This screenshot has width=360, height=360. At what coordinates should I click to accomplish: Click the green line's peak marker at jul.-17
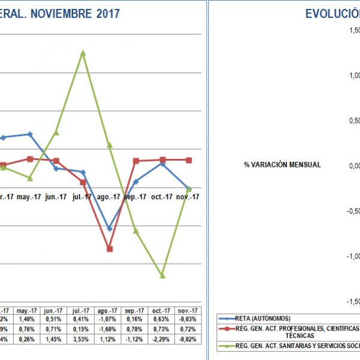[x=83, y=53]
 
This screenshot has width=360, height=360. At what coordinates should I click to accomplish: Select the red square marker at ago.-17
[x=110, y=248]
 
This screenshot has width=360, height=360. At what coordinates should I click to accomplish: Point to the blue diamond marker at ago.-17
[x=109, y=229]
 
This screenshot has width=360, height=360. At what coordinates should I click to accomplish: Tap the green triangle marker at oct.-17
[x=162, y=275]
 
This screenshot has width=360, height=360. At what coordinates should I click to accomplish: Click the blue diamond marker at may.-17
[x=30, y=134]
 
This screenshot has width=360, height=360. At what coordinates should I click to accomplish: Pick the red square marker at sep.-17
[x=136, y=161]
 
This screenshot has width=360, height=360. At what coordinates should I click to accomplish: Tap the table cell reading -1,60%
[x=110, y=329]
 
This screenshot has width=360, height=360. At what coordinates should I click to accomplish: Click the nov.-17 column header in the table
[x=188, y=310]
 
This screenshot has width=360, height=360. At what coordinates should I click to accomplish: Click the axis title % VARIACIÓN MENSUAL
[x=282, y=164]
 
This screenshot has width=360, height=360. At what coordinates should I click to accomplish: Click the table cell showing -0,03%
[x=188, y=320]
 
